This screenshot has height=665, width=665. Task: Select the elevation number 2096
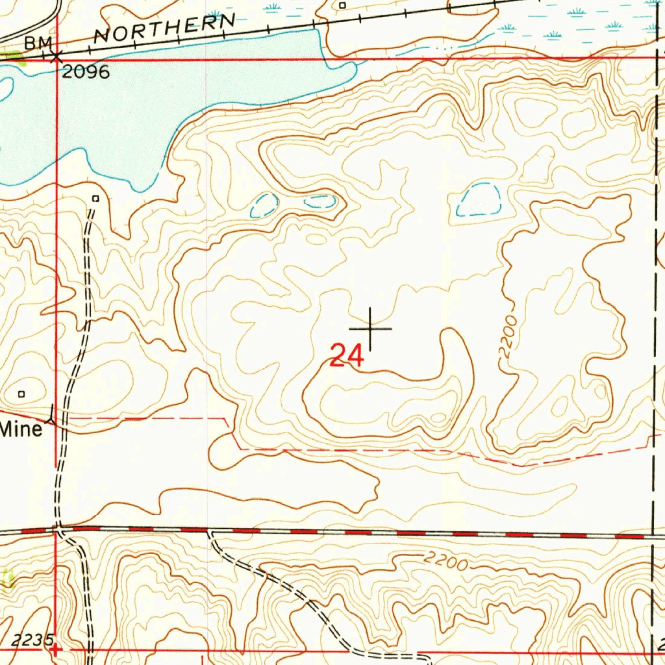tap(86, 71)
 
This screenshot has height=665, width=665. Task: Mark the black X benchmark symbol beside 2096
tap(57, 57)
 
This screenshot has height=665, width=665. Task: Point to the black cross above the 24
tap(370, 329)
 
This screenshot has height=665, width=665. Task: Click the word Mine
tap(21, 429)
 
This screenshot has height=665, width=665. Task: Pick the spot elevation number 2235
tap(32, 640)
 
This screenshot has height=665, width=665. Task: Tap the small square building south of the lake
tap(96, 198)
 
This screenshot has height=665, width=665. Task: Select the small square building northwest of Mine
tap(21, 394)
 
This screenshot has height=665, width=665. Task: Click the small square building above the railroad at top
tap(342, 5)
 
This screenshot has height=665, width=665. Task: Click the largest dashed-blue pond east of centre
tap(479, 201)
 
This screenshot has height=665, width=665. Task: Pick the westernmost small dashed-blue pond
tap(264, 206)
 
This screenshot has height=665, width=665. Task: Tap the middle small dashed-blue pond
tap(320, 202)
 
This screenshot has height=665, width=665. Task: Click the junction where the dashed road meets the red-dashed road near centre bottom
tap(209, 532)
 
